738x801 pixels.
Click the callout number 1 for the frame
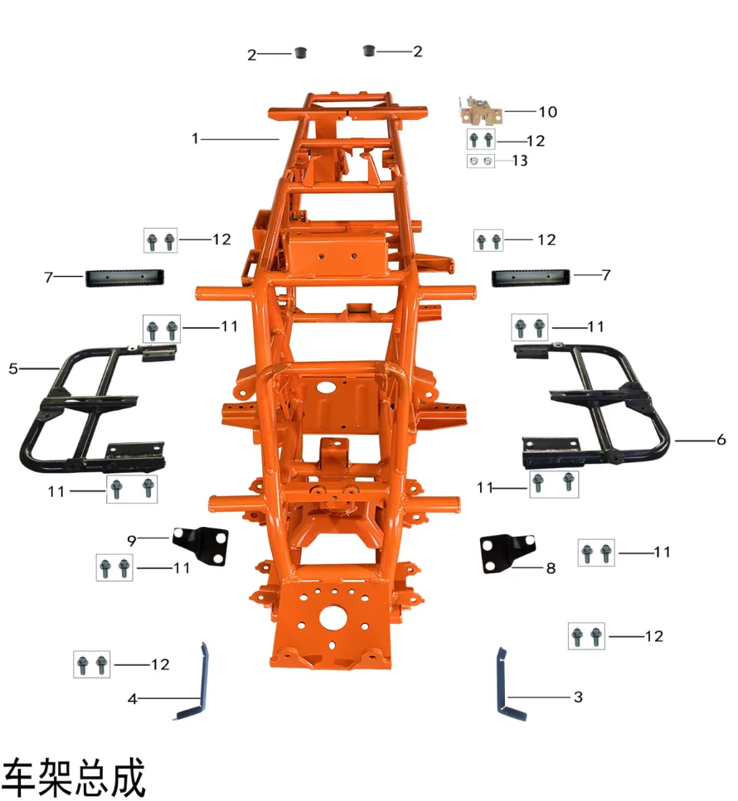pyautogui.click(x=195, y=138)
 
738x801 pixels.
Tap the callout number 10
pyautogui.click(x=547, y=111)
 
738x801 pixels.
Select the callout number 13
pyautogui.click(x=520, y=161)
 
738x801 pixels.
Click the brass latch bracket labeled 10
pyautogui.click(x=480, y=111)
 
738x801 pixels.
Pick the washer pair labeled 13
pyautogui.click(x=481, y=161)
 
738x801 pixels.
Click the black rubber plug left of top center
pyautogui.click(x=301, y=52)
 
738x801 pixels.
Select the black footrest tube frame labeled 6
pyautogui.click(x=593, y=405)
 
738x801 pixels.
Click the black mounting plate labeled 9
pyautogui.click(x=201, y=545)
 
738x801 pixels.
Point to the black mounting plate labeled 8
pyautogui.click(x=507, y=553)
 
